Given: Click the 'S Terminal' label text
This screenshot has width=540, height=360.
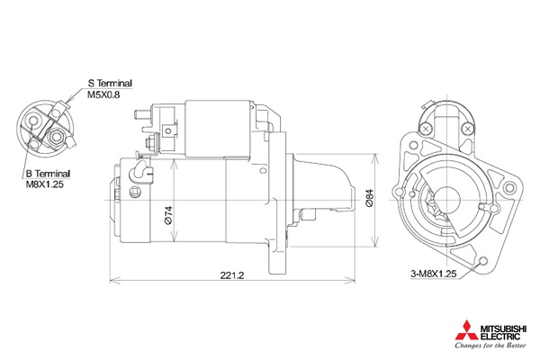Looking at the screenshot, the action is [x=110, y=84].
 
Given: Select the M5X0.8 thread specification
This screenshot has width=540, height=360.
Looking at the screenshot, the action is [x=103, y=94].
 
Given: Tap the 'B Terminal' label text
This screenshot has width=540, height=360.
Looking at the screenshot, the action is [x=49, y=174].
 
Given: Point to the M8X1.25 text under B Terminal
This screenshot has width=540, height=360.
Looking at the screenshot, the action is [x=45, y=184].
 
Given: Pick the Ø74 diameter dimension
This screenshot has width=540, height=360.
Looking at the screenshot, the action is [x=169, y=215].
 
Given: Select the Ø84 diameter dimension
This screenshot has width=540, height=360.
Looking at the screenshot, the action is [x=369, y=198].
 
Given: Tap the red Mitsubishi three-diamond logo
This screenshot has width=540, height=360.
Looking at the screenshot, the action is [x=466, y=329].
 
